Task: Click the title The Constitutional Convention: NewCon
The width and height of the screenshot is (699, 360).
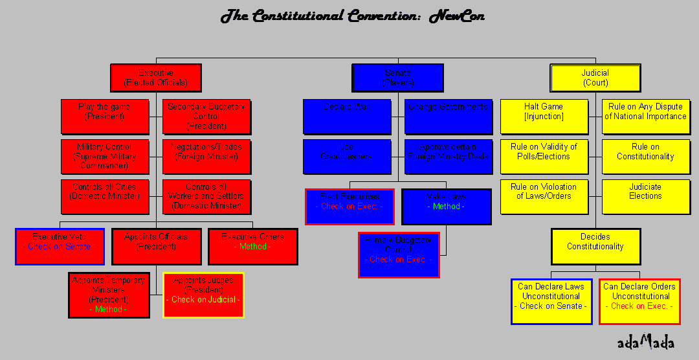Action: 352,16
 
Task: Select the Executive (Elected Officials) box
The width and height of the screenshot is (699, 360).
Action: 155,78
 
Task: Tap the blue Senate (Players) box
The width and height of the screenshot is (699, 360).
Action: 397,78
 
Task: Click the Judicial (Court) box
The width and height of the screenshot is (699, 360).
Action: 595,78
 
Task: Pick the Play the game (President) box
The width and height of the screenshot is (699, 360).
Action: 104,117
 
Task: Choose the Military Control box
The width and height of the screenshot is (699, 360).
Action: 104,157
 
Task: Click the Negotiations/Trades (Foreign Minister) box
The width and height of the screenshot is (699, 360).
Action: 206,157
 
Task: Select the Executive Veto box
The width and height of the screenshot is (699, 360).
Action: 60,246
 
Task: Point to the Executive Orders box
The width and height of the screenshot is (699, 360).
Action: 252,246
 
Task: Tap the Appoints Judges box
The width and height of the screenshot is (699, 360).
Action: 203,295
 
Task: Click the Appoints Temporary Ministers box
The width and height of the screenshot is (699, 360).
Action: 108,295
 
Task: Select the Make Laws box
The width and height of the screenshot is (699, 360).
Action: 446,207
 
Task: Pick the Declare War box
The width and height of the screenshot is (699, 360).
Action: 347,117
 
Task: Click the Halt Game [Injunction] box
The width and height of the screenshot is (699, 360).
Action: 544,117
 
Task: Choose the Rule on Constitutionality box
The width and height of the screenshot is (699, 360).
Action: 645,157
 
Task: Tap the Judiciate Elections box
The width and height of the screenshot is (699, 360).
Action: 645,196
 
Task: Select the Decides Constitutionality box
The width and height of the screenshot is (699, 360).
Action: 595,246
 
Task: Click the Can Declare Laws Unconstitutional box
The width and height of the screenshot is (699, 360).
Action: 551,302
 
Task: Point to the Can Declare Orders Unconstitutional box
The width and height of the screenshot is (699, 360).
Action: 639,302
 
